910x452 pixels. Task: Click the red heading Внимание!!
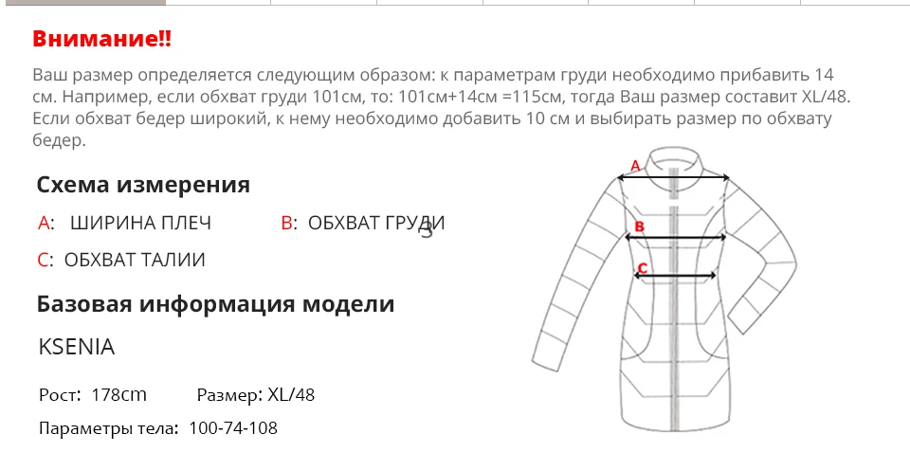[102, 40]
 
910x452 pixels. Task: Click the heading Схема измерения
[143, 185]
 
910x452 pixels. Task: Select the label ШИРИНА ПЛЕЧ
[141, 224]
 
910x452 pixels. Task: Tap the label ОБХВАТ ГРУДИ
[375, 224]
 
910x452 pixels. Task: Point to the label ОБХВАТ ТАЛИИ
[135, 260]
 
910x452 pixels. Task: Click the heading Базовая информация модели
[215, 304]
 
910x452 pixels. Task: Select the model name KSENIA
[77, 348]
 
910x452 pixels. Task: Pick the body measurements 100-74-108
[233, 428]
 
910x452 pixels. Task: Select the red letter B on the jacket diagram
[639, 226]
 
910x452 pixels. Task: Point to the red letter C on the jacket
[643, 268]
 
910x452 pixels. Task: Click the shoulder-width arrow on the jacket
[673, 177]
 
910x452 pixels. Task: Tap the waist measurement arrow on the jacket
[675, 278]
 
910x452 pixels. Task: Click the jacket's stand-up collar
[674, 157]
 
